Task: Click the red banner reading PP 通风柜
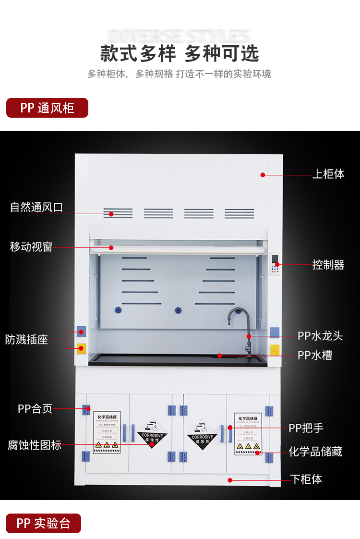47,108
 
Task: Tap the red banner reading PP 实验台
44,523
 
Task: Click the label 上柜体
328,174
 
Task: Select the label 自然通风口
36,208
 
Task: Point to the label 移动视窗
31,247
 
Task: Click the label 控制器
328,265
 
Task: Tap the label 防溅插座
27,340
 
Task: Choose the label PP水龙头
320,336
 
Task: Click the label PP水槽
314,355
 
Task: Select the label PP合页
35,409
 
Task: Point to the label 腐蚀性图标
35,445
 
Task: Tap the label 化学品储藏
315,452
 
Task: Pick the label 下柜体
306,479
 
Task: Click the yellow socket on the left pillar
81,348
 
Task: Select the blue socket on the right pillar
275,332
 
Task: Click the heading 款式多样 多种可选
180,53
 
